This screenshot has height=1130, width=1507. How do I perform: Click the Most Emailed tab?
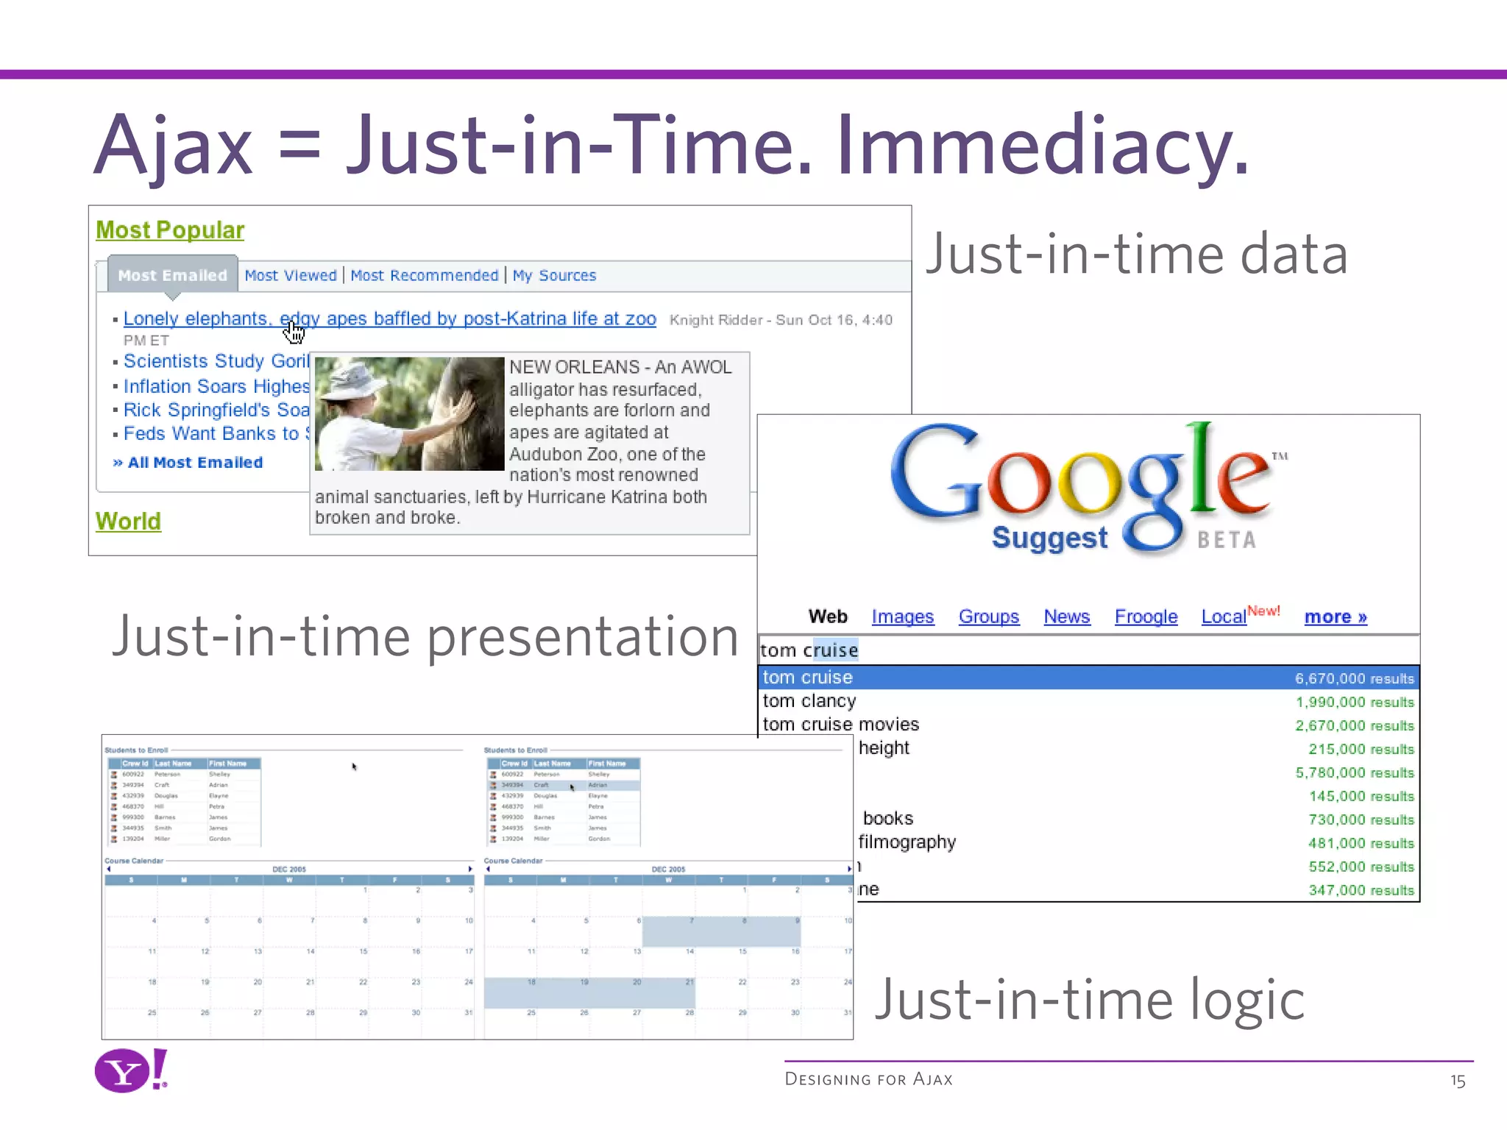[173, 275]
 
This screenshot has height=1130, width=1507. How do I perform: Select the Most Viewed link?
[291, 275]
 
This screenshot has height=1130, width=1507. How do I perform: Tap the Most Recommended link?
[425, 275]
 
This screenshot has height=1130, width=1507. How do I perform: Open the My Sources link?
[554, 275]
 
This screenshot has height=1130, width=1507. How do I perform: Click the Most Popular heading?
[170, 230]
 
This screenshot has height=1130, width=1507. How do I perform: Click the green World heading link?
[128, 521]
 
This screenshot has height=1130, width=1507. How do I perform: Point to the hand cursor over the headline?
[294, 333]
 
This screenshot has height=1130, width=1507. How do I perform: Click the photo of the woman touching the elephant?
[409, 413]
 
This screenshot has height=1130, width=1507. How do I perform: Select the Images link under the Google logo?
[902, 616]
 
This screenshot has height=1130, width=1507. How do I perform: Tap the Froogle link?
[1146, 616]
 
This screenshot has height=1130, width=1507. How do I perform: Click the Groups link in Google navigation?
[988, 616]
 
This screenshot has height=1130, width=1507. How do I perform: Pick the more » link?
[1336, 616]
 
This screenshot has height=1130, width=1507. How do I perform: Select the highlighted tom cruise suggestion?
[808, 678]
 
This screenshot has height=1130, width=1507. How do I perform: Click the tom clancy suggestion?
[809, 701]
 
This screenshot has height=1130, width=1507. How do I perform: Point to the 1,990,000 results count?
[1355, 702]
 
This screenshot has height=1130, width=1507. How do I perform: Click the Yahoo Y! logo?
[132, 1070]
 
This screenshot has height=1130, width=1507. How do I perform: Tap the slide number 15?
[1458, 1081]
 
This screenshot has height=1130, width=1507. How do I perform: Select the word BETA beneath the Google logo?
[1227, 540]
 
